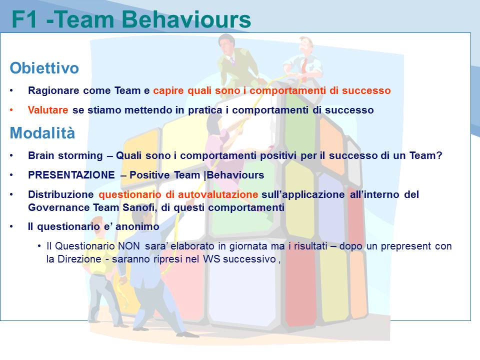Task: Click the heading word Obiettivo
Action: point(44,67)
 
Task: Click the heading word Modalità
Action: point(42,133)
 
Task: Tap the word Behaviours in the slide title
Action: point(186,19)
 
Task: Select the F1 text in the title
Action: point(24,20)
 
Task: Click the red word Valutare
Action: point(48,110)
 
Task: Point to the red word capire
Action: point(168,91)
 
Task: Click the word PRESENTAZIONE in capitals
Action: point(71,175)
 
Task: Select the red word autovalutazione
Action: point(218,194)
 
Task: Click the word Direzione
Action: point(79,259)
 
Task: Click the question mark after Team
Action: point(439,155)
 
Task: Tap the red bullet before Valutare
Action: point(11,110)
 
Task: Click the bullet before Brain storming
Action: point(11,155)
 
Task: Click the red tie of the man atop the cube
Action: point(304,69)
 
